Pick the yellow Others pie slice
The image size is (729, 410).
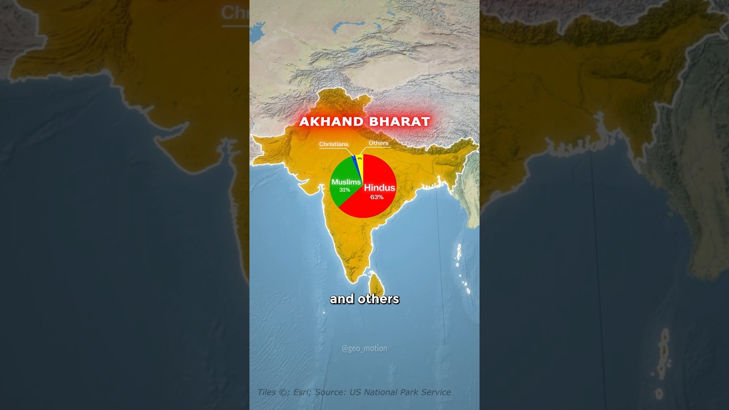[360, 162]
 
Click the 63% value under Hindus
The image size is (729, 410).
[376, 197]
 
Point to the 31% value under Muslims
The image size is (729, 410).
[345, 190]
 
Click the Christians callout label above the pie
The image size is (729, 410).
[334, 145]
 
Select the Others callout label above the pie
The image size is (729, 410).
[379, 143]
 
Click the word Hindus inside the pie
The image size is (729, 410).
[379, 188]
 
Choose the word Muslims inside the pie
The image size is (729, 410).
[346, 182]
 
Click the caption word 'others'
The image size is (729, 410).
[379, 299]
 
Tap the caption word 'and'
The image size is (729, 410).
[342, 299]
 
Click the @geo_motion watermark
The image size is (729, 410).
[364, 348]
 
